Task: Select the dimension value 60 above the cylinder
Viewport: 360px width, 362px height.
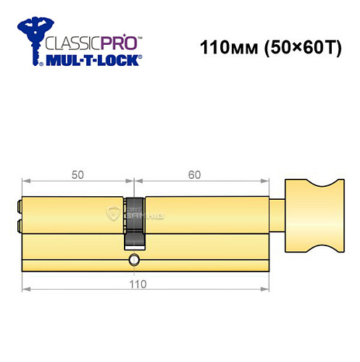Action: (x=194, y=175)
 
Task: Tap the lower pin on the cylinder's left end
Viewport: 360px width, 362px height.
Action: (x=17, y=223)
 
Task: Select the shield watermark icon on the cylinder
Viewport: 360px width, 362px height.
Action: (x=113, y=211)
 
